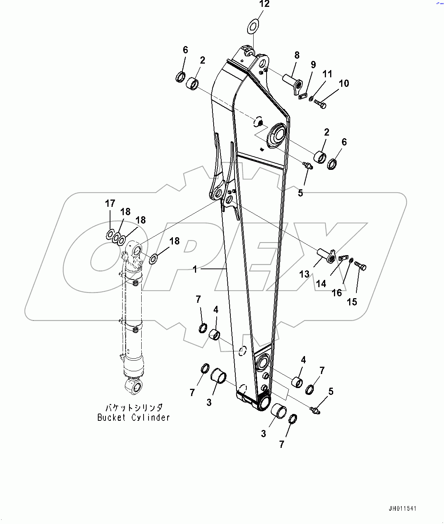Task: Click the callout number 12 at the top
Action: tap(264, 4)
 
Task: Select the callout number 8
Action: tap(297, 56)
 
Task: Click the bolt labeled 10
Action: tap(321, 103)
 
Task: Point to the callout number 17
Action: tap(110, 204)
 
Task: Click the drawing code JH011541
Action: tap(402, 509)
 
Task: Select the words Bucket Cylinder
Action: tap(134, 418)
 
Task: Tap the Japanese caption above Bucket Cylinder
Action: tap(134, 408)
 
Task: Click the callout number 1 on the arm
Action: tap(195, 270)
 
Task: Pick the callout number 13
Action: tap(304, 274)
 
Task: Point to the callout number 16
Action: tap(337, 292)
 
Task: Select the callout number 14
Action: tap(321, 284)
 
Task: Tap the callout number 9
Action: tap(313, 65)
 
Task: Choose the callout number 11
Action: tap(327, 74)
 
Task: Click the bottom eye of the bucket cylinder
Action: tap(133, 386)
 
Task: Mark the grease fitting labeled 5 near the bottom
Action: tap(315, 410)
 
